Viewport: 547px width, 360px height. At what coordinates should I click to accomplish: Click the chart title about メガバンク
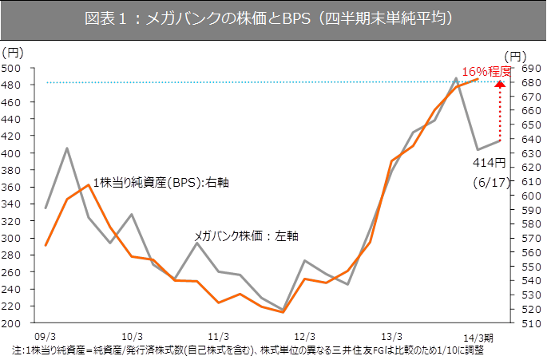pos(273,19)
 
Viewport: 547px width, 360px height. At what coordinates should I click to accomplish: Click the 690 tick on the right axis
pos(524,69)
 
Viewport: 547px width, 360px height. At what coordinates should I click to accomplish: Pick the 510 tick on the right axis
pos(524,323)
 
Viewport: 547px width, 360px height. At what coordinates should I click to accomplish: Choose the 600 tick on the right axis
pos(524,196)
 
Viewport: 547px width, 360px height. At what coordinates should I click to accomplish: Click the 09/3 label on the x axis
pos(46,336)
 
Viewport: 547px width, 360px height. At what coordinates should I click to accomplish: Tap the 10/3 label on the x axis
pos(132,336)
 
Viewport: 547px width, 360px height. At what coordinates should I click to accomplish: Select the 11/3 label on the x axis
pos(218,336)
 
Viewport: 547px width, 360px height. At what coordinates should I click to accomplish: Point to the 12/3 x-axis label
pos(304,336)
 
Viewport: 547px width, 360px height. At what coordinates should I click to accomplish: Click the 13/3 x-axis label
pos(391,336)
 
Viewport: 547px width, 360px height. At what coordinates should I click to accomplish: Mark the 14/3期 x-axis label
pos(479,336)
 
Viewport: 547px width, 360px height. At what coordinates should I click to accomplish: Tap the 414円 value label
pos(488,162)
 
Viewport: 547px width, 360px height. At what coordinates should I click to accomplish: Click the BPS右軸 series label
pos(161,183)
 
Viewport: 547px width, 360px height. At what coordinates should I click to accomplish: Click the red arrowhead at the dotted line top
pos(501,84)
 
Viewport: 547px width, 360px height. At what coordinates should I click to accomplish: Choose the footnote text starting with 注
pos(248,350)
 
